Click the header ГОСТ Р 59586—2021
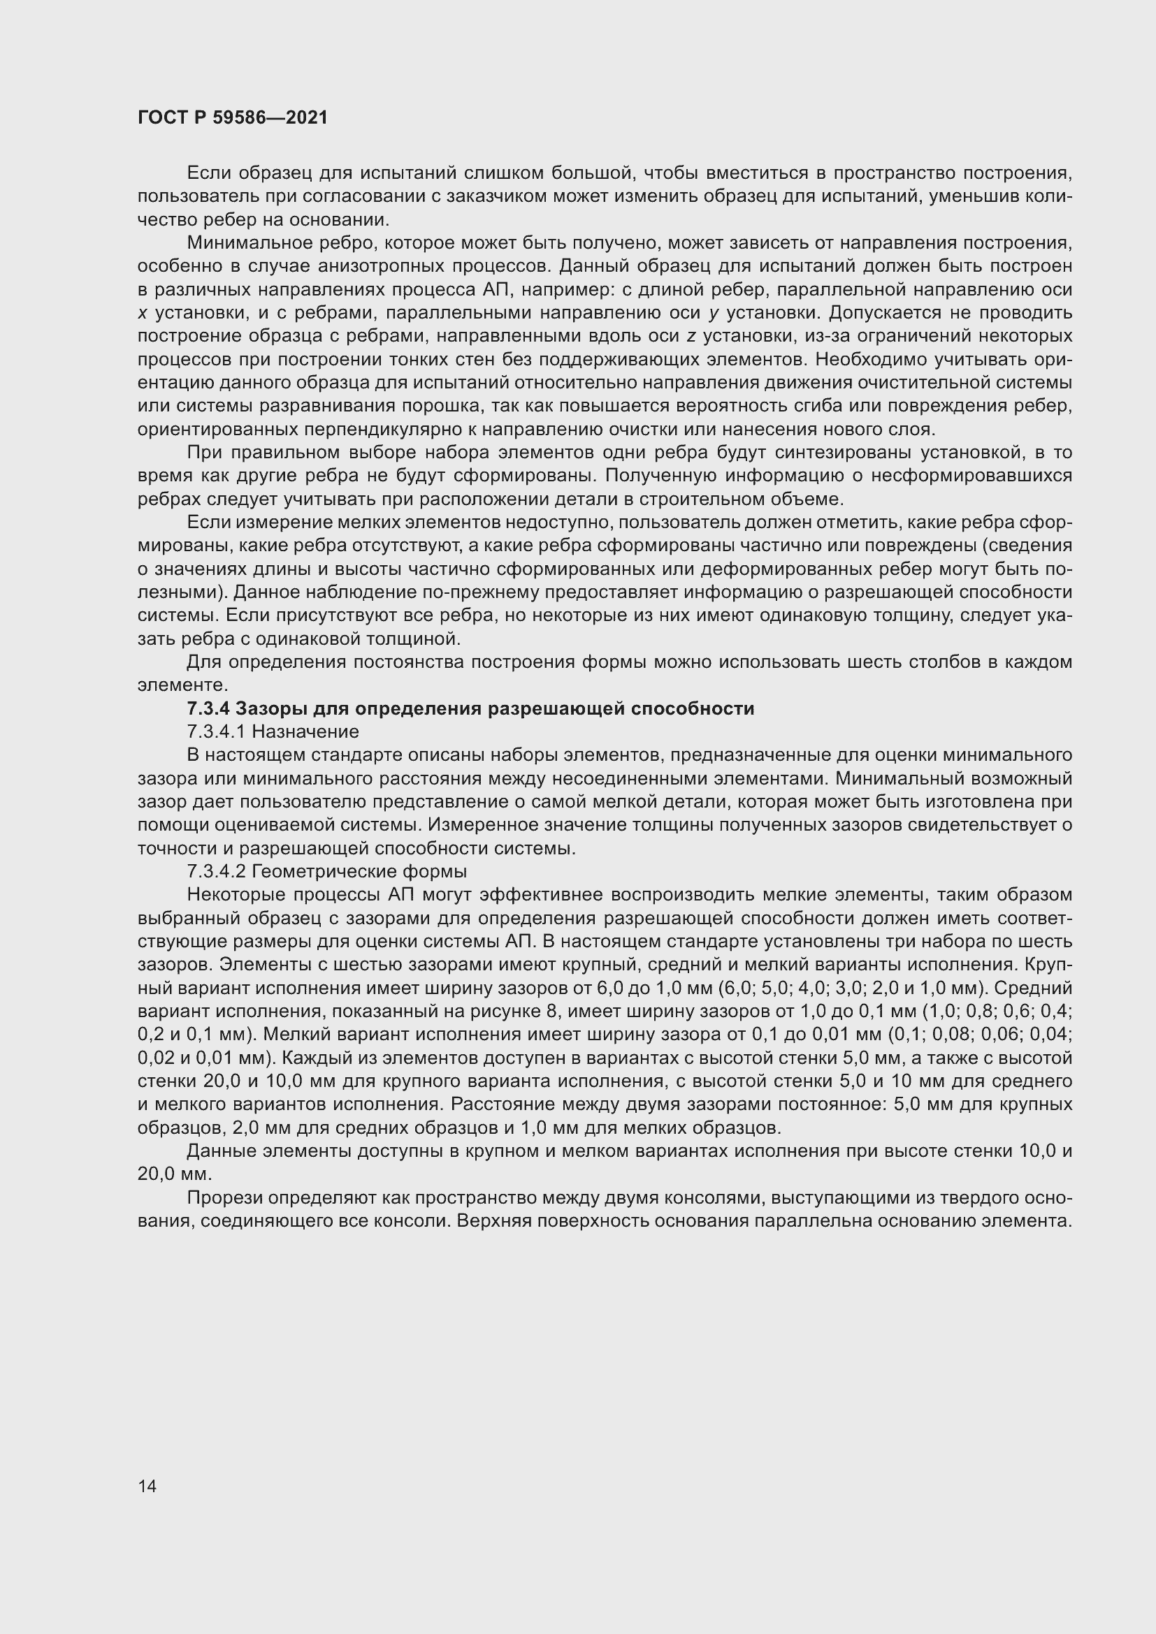pos(233,118)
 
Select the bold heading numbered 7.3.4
pos(470,709)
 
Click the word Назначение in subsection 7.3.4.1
pos(305,731)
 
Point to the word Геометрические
pos(322,872)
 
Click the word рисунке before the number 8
pos(507,1012)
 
